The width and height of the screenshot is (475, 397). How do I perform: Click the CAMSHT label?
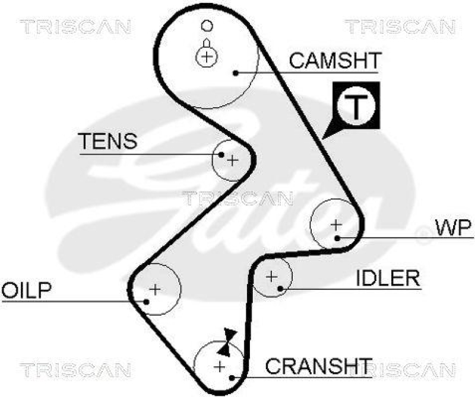coord(334,60)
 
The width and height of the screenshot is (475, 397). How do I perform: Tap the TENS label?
coord(108,141)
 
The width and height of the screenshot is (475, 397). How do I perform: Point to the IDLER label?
coord(388,277)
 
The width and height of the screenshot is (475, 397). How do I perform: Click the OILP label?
coord(26,290)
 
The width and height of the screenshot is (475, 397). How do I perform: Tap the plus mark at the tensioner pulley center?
coord(233,159)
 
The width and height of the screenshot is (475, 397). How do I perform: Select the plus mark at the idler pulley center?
coord(272,276)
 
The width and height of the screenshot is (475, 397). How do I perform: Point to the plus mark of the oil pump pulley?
coord(155,289)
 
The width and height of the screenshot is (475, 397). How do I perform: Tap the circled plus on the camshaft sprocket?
coord(206,56)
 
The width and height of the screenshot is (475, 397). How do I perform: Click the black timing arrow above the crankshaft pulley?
coord(229,338)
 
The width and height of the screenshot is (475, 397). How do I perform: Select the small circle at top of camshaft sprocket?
coord(207,26)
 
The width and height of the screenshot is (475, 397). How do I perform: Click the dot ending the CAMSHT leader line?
coord(236,73)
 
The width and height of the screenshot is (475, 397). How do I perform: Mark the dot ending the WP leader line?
coord(337,238)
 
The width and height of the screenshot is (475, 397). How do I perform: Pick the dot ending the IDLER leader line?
coord(280,289)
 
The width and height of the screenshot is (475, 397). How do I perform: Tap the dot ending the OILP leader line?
coord(145,300)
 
